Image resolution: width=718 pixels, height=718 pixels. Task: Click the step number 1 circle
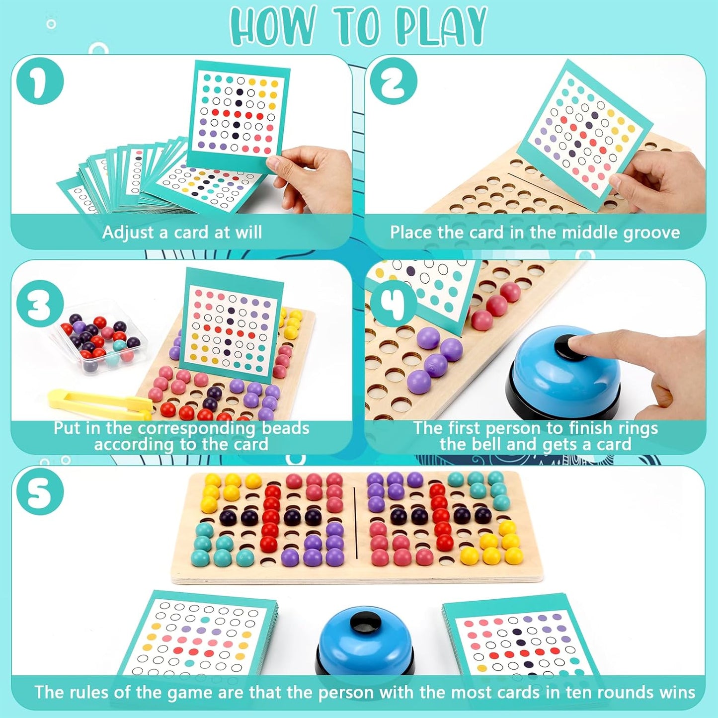coord(40,80)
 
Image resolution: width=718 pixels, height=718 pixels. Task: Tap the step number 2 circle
coord(393,80)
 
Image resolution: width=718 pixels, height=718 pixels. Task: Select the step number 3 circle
coord(40,303)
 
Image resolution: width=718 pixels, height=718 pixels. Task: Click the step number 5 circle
coord(40,492)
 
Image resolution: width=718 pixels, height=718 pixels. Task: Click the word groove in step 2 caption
coord(651,233)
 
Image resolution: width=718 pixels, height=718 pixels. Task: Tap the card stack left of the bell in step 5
coord(199,634)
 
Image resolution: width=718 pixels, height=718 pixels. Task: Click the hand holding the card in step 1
coord(308,174)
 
